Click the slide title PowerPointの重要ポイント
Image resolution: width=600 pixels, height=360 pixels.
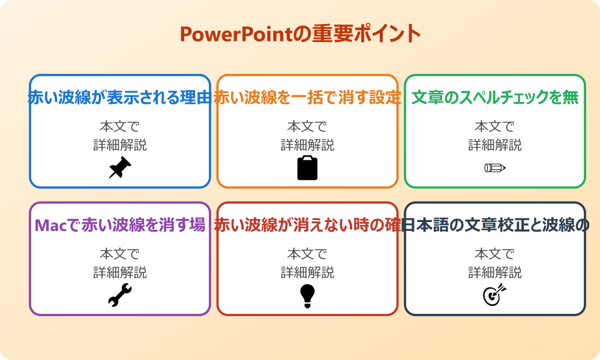click(x=300, y=34)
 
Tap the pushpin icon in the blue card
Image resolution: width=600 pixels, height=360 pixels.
click(x=119, y=167)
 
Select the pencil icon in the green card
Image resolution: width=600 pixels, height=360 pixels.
click(x=494, y=167)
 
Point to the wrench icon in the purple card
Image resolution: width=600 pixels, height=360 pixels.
click(x=119, y=295)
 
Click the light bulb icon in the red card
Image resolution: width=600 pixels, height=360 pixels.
click(x=307, y=295)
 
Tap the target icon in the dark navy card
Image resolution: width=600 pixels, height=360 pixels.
click(x=494, y=295)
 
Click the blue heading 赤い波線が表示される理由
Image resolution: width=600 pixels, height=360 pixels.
click(x=119, y=97)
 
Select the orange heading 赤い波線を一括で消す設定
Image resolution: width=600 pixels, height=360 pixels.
click(x=307, y=97)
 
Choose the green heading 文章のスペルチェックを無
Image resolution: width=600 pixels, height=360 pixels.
click(x=494, y=97)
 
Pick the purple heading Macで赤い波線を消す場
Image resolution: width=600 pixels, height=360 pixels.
click(x=119, y=225)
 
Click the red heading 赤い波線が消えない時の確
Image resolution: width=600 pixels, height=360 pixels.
click(x=307, y=225)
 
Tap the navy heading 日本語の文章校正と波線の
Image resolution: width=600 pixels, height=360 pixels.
click(x=494, y=225)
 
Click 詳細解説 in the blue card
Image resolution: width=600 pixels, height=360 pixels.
click(x=119, y=145)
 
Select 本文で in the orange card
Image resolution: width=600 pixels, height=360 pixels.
click(x=307, y=127)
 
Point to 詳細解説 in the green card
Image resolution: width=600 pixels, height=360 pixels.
click(x=494, y=145)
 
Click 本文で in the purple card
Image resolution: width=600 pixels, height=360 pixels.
click(x=119, y=254)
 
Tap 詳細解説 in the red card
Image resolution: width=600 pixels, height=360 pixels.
click(x=307, y=272)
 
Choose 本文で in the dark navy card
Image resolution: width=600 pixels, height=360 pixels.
click(x=494, y=254)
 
